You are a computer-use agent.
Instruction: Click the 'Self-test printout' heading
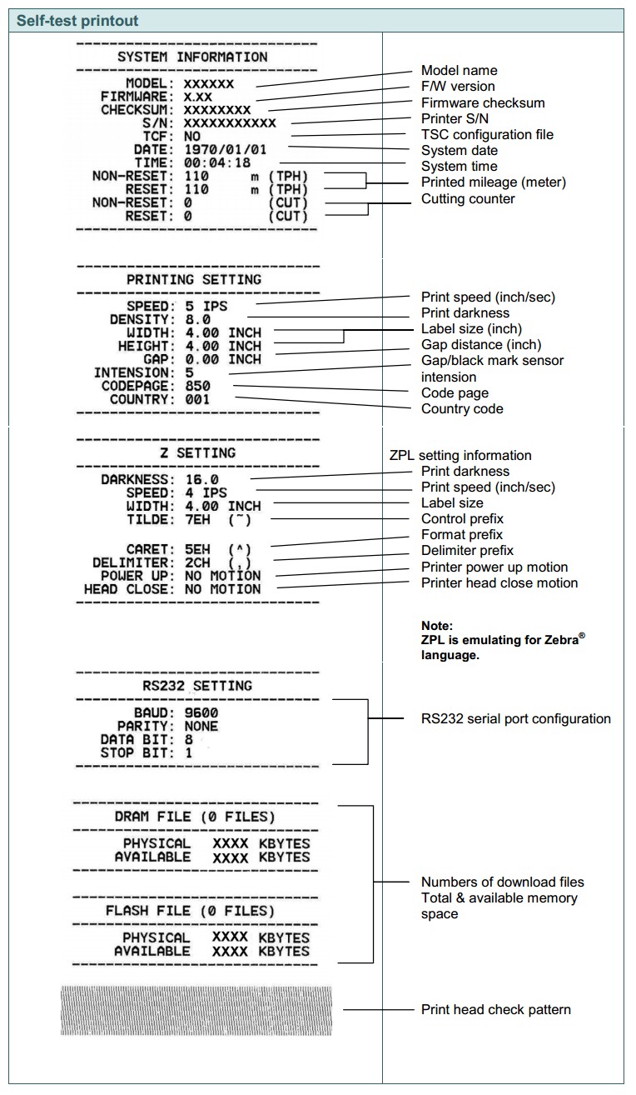click(x=77, y=20)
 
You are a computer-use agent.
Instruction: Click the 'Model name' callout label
click(x=459, y=71)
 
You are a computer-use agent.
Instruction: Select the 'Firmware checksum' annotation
click(x=483, y=102)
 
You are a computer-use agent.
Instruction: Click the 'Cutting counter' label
click(x=468, y=198)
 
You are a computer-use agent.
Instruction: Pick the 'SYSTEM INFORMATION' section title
click(x=192, y=57)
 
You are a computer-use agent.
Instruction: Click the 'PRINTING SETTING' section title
click(x=193, y=279)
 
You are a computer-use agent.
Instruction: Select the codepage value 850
click(x=197, y=386)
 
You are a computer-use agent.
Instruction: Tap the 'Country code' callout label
click(x=462, y=408)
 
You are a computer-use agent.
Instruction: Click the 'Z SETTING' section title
click(x=197, y=452)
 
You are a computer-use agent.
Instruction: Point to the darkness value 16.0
click(x=201, y=479)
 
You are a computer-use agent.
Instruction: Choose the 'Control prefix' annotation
click(x=462, y=518)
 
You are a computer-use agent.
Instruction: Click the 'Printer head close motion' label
click(x=499, y=582)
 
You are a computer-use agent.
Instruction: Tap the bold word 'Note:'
click(x=437, y=625)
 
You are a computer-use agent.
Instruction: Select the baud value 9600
click(x=201, y=712)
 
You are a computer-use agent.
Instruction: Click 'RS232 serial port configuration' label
click(x=516, y=718)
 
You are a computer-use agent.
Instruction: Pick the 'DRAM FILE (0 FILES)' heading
click(x=194, y=817)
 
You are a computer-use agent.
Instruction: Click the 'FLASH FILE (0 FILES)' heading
click(x=190, y=911)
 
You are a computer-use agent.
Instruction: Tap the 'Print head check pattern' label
click(x=496, y=1009)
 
